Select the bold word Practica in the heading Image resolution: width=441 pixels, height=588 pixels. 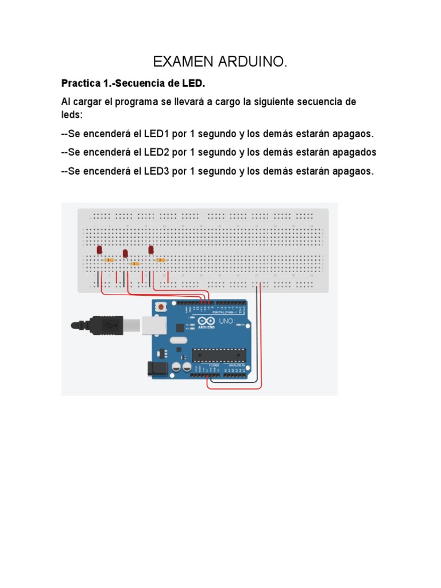80,84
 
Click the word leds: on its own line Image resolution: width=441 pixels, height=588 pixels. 72,115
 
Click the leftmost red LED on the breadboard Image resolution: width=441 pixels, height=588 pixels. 99,250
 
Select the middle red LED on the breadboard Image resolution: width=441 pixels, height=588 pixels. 125,253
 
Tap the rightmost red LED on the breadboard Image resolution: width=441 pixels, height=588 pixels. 151,250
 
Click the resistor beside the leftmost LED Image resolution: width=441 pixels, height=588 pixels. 109,260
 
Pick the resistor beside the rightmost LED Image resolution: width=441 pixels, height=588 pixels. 161,260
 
